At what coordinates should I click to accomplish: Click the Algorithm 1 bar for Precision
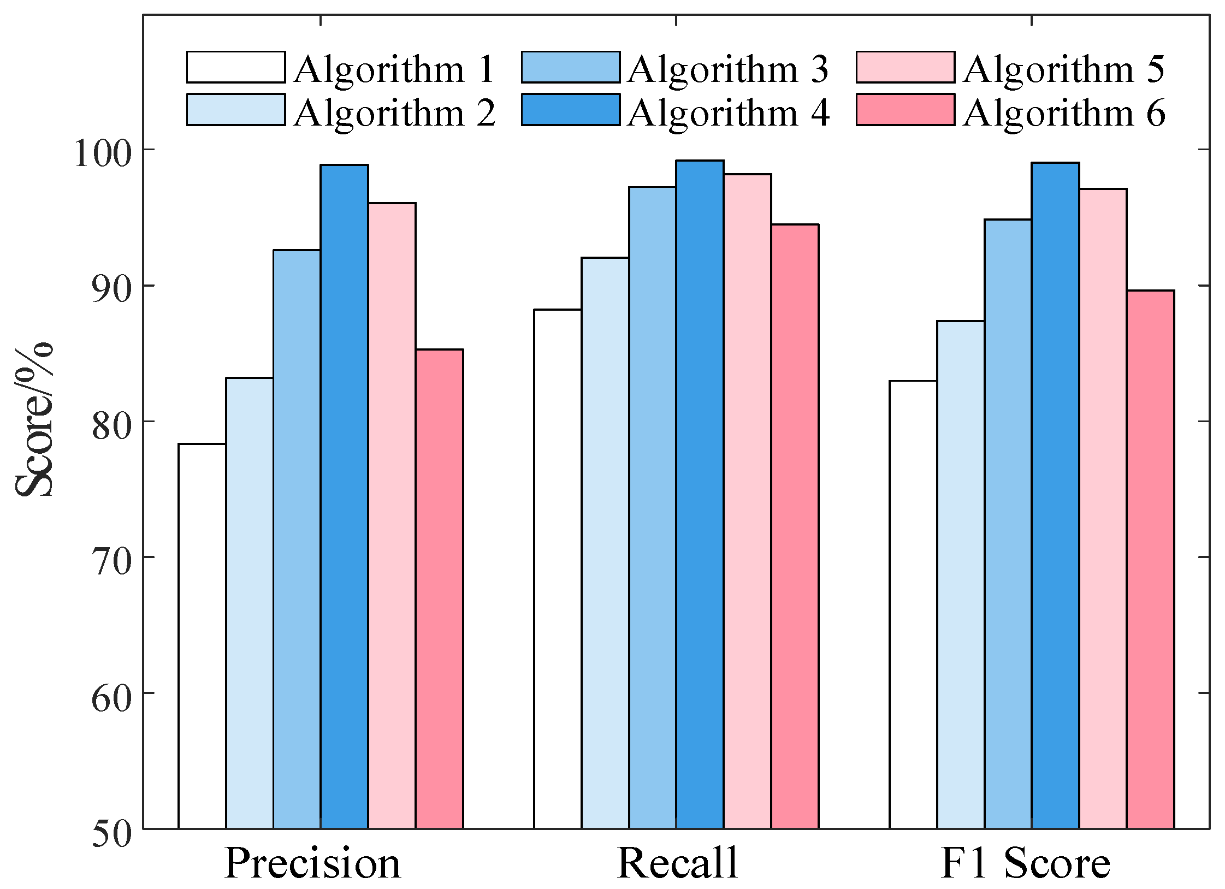(202, 636)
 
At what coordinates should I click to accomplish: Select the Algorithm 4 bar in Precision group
(344, 497)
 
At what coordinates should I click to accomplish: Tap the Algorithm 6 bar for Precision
(439, 589)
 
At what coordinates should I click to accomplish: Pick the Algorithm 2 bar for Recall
(605, 543)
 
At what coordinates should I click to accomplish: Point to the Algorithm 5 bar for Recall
(747, 502)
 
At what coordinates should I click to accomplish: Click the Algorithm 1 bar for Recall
(558, 569)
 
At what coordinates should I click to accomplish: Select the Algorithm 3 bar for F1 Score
(1008, 524)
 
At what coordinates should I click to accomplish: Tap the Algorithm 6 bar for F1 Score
(1150, 560)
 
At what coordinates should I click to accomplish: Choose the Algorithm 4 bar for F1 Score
(1055, 496)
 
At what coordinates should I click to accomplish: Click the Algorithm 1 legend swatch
(236, 67)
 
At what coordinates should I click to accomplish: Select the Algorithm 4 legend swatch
(571, 110)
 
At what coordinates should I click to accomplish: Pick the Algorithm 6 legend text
(1064, 113)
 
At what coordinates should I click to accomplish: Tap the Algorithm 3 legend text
(728, 70)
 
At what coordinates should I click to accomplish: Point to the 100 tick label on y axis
(103, 154)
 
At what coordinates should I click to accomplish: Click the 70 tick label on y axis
(112, 562)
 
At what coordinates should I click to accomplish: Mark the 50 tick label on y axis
(112, 834)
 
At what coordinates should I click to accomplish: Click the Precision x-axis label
(312, 863)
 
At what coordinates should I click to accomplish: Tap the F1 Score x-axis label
(1026, 863)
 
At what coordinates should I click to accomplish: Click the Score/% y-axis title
(34, 419)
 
